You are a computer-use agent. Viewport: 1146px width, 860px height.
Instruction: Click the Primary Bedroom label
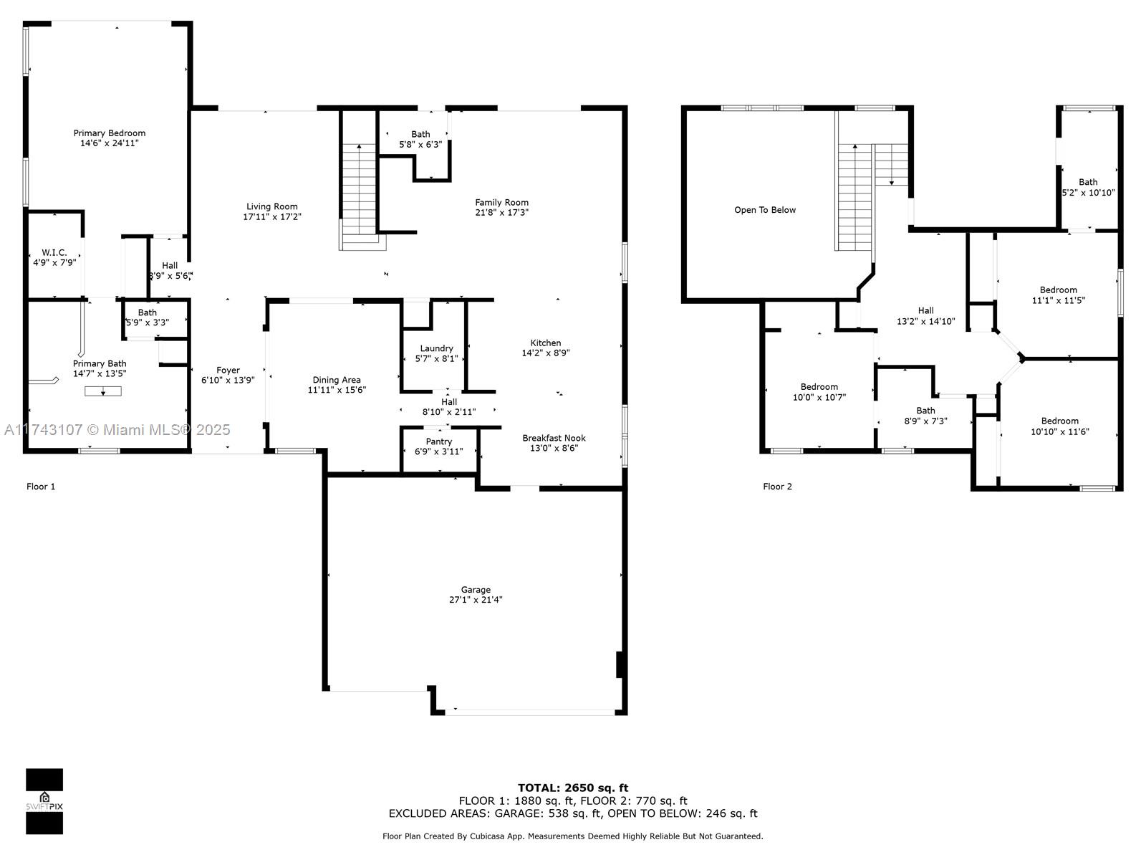point(109,133)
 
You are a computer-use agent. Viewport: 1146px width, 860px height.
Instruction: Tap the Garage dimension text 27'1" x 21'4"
point(476,600)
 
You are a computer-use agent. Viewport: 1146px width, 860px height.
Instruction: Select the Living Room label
point(272,207)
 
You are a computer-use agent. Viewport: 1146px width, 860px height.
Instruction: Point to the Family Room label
point(502,203)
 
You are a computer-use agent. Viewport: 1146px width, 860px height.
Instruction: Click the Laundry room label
point(436,349)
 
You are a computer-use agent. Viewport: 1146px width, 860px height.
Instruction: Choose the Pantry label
point(438,441)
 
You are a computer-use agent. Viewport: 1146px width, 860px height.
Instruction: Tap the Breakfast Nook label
point(554,438)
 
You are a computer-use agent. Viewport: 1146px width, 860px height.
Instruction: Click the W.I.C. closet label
point(54,253)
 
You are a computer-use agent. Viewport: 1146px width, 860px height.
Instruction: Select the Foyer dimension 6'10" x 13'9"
point(228,380)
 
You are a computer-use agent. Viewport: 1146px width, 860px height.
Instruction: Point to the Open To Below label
point(765,210)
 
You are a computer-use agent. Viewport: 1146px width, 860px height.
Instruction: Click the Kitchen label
point(546,343)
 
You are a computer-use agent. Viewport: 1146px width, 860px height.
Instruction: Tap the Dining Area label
point(337,380)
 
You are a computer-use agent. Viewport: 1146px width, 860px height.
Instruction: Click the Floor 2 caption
point(777,487)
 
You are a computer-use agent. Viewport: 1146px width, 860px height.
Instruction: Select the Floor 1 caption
point(41,487)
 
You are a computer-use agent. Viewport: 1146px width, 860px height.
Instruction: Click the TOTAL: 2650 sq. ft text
point(573,788)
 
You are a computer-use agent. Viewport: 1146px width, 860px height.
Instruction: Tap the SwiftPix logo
point(44,801)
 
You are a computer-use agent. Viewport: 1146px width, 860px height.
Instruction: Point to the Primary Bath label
point(100,364)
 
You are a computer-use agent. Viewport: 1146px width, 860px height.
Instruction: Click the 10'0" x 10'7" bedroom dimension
point(819,397)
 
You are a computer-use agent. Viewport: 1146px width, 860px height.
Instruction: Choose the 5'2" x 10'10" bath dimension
point(1089,193)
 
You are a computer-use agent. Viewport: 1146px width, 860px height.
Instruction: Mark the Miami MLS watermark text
point(117,430)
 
